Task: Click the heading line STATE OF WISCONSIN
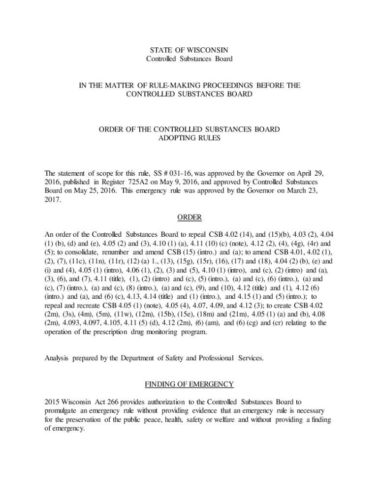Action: pyautogui.click(x=189, y=50)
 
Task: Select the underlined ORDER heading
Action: pyautogui.click(x=189, y=218)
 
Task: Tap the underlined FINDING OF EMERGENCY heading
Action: pyautogui.click(x=189, y=384)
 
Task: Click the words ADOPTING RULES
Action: pyautogui.click(x=189, y=138)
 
